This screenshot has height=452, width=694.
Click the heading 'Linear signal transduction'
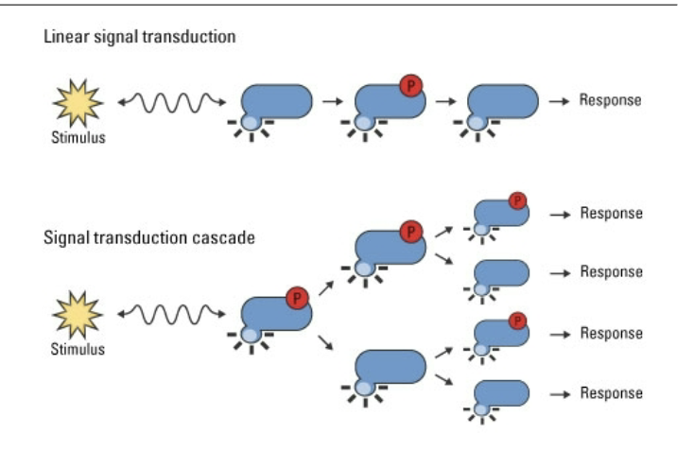pos(140,38)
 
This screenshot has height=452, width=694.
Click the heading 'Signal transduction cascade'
pos(148,237)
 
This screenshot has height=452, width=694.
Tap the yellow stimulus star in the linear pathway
pos(78,102)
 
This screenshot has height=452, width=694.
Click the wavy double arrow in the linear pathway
pos(171,101)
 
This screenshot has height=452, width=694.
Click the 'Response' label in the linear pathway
pos(610,100)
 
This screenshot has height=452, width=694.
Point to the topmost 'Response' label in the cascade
pos(611,214)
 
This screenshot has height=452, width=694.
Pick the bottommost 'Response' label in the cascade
pos(611,393)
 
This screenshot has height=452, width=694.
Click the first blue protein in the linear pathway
pos(277,102)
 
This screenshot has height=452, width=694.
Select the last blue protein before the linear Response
pos(503,102)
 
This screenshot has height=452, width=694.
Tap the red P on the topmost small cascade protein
pos(517,200)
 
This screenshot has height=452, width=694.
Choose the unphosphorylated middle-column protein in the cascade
pos(390,367)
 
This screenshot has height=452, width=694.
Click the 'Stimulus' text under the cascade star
pos(78,350)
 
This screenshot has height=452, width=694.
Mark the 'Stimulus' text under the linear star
pos(78,138)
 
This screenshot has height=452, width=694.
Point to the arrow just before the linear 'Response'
pos(559,100)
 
